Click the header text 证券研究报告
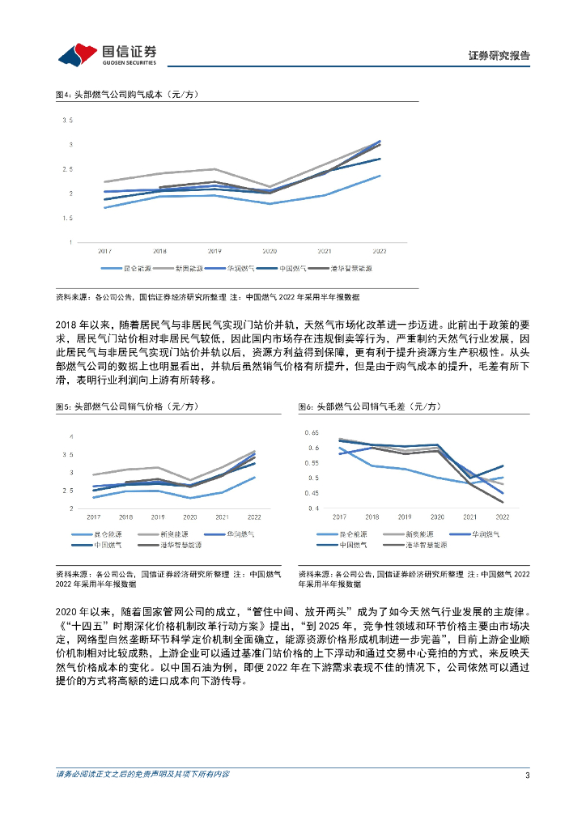[x=499, y=56]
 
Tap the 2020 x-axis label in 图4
[x=270, y=252]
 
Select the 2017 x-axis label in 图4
[x=104, y=252]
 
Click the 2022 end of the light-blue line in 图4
[x=380, y=176]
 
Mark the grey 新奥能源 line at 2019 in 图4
[x=214, y=169]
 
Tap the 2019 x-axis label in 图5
[x=158, y=517]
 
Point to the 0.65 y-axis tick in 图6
[x=312, y=433]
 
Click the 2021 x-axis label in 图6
[x=470, y=517]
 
